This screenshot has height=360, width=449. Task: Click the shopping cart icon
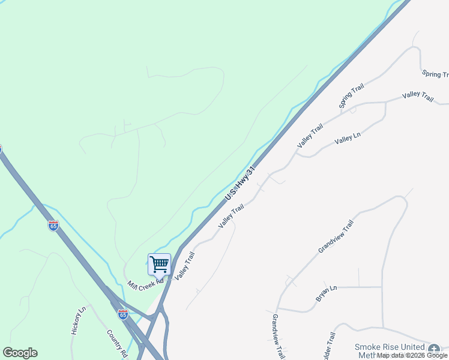pyautogui.click(x=159, y=264)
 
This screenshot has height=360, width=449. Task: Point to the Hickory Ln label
pyautogui.click(x=79, y=320)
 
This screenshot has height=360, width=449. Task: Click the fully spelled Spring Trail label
pyautogui.click(x=352, y=96)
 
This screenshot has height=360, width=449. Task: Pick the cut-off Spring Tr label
pyautogui.click(x=435, y=74)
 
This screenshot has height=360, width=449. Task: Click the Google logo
pyautogui.click(x=20, y=353)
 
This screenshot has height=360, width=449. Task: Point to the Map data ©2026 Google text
pyautogui.click(x=412, y=355)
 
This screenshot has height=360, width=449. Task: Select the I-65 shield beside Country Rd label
pyautogui.click(x=123, y=314)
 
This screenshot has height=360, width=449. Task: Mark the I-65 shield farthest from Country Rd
pyautogui.click(x=53, y=226)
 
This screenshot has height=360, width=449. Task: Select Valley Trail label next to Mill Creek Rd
pyautogui.click(x=185, y=265)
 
